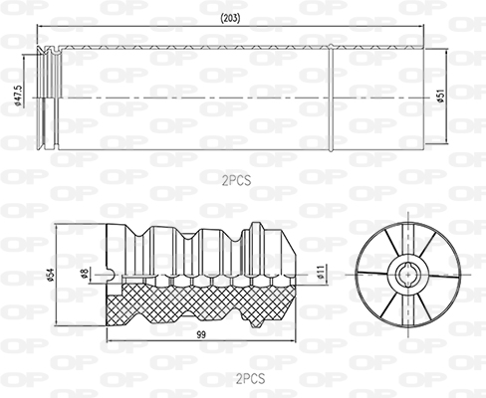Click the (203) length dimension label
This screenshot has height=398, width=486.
coord(230,19)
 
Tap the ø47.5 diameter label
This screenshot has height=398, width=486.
coord(18,97)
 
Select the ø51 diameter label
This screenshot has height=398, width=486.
coord(441,96)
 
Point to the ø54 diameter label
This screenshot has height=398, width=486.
coord(51,275)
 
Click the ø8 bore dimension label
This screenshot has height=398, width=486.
coord(85,274)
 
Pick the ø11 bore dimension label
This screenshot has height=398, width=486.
coord(320,272)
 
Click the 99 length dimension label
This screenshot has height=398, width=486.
coord(201,335)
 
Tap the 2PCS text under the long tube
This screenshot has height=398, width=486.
coord(237,180)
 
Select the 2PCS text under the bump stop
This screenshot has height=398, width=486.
coord(251,378)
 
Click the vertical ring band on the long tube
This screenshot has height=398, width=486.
coord(331,99)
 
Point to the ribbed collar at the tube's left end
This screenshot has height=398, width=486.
coord(49,99)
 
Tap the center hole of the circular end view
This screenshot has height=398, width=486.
coord(407,275)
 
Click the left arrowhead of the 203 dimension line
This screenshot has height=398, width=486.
coord(40,25)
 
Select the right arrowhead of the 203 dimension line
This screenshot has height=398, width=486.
coord(421,25)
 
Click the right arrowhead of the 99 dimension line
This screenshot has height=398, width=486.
coord(293,340)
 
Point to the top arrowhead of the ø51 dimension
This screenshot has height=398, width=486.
coord(446,52)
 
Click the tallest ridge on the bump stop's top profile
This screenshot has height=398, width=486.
coord(256,226)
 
